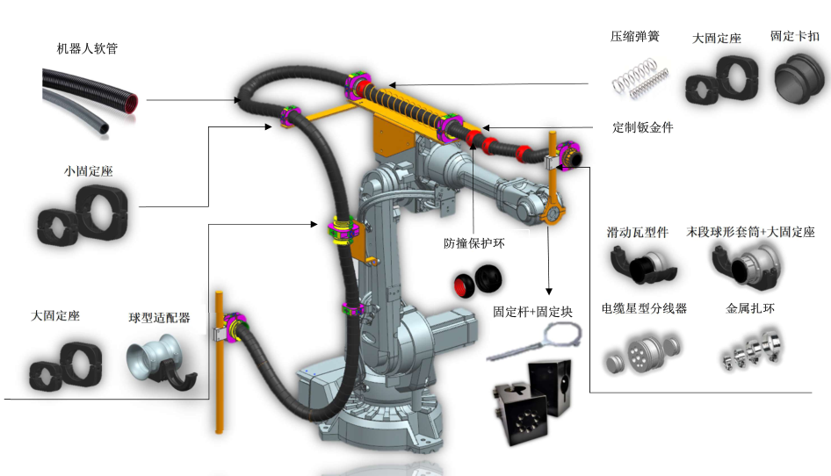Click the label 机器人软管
(x=86, y=48)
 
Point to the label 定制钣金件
(x=643, y=127)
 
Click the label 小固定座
(x=88, y=172)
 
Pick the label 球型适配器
(x=159, y=317)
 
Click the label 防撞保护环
(x=473, y=243)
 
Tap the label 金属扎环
(x=750, y=308)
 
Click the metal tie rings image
(x=752, y=351)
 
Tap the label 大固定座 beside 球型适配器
(x=55, y=315)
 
